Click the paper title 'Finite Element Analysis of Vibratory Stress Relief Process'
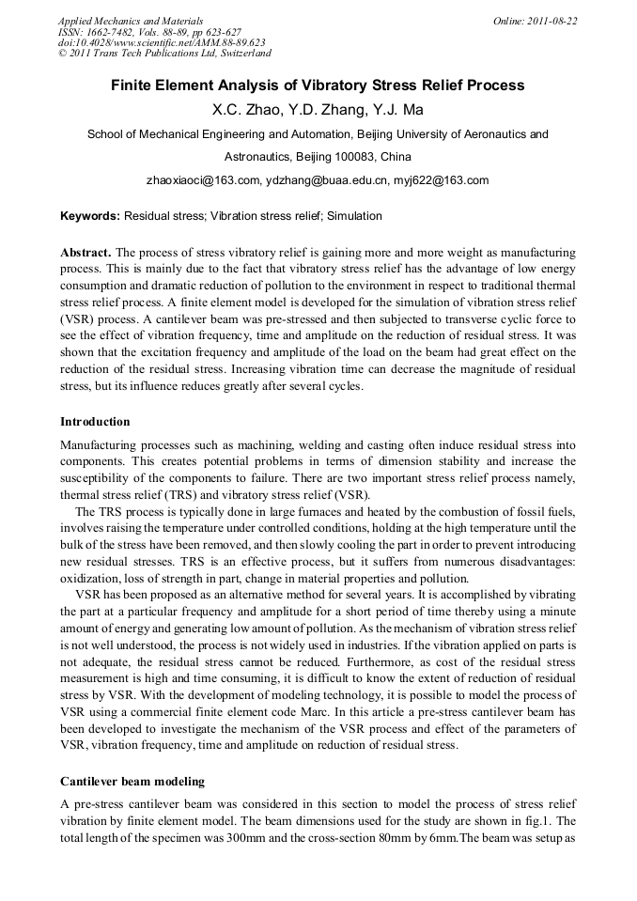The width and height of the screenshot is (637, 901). (318, 85)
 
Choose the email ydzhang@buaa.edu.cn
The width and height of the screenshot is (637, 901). (318, 179)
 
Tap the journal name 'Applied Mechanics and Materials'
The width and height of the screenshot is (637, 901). (131, 21)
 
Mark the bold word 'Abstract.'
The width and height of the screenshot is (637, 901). (85, 254)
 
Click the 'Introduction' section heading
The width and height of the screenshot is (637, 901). (95, 421)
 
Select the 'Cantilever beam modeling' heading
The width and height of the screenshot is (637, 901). (132, 781)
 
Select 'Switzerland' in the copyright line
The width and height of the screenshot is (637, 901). (239, 54)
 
